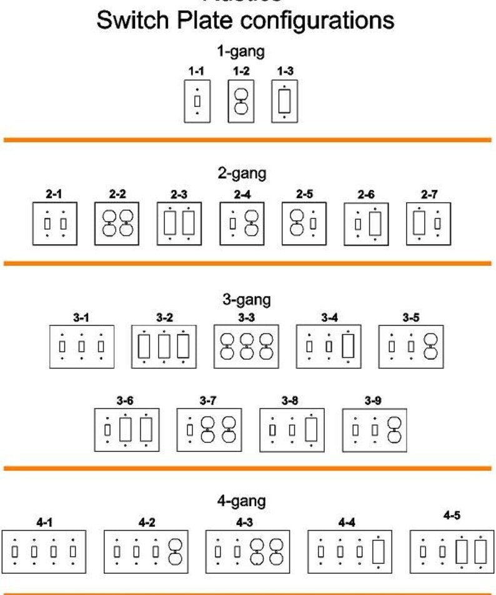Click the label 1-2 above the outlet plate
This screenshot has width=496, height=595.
(241, 71)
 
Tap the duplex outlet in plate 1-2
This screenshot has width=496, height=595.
(241, 101)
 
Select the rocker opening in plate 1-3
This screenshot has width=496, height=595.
(284, 101)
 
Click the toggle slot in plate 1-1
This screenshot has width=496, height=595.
(197, 100)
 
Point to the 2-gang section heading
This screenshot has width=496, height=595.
(242, 173)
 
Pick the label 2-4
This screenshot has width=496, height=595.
(242, 195)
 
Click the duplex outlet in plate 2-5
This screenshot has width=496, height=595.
(297, 223)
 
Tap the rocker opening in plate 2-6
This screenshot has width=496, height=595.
(375, 224)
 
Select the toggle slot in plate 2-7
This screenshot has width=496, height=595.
(438, 223)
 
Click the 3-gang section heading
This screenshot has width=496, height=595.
(247, 300)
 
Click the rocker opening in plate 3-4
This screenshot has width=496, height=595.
(348, 345)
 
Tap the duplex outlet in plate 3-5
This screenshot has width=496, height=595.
(430, 345)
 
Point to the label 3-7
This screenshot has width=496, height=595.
(209, 400)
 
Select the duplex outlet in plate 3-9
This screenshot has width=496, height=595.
(394, 430)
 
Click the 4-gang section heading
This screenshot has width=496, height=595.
(242, 500)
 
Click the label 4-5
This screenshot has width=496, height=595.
(452, 515)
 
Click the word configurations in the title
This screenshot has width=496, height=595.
(317, 20)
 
